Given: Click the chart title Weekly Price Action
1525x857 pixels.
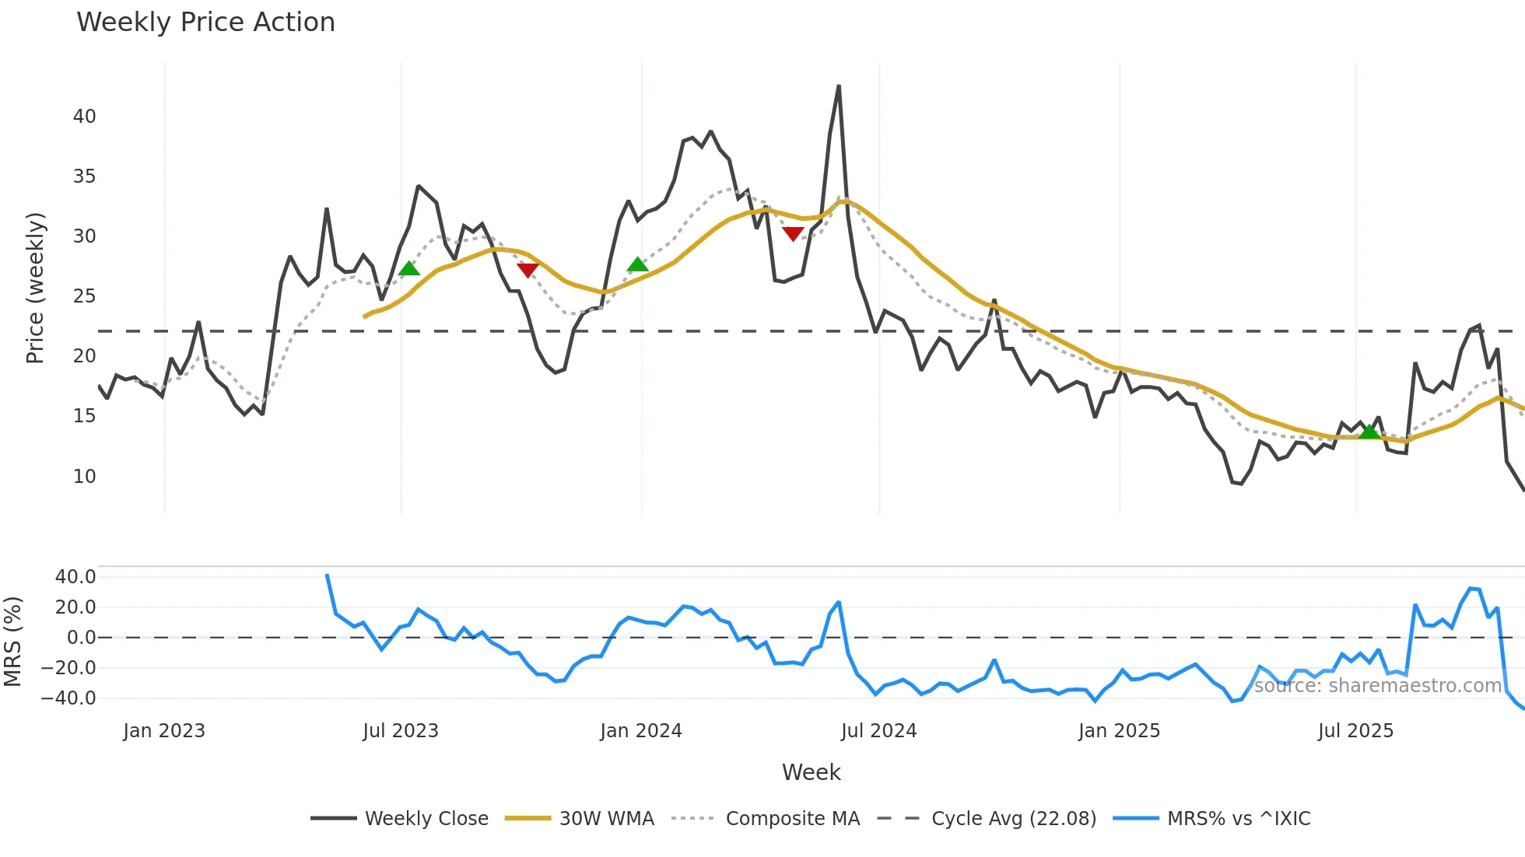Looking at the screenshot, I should [x=205, y=23].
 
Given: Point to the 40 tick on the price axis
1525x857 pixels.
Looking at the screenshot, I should [x=85, y=117].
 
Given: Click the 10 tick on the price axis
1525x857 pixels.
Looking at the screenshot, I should [x=85, y=476].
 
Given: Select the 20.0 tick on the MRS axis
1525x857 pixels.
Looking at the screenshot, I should [x=75, y=607].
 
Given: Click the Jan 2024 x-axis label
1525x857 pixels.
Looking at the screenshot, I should [x=641, y=731].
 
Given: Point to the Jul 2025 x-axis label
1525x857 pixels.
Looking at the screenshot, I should [x=1355, y=731].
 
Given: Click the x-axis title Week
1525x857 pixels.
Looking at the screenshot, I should [x=811, y=772].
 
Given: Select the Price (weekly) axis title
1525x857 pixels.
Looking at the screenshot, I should [x=35, y=288].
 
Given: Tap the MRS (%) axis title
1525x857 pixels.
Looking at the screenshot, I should [x=12, y=642].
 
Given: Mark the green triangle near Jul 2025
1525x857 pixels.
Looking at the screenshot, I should [x=1369, y=432].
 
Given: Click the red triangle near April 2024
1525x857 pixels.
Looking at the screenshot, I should [x=793, y=233].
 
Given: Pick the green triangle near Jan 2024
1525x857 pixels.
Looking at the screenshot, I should [x=637, y=264].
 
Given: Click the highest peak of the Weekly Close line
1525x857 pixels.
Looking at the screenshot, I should [x=839, y=86].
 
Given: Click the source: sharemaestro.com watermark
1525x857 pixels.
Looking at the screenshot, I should [x=1377, y=685].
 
